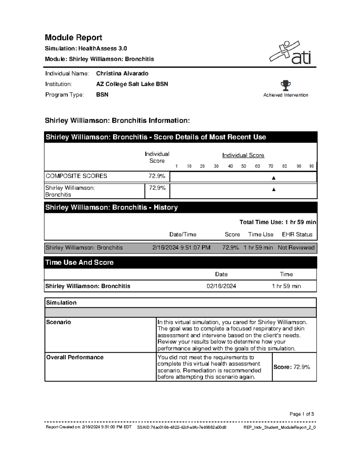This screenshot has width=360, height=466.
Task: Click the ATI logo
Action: pyautogui.click(x=290, y=53)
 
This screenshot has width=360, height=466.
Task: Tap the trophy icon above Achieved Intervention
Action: pyautogui.click(x=286, y=86)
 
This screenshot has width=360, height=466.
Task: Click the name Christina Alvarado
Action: pyautogui.click(x=122, y=74)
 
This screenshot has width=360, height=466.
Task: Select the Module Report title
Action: pyautogui.click(x=73, y=38)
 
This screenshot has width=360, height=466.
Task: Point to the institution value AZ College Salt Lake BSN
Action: pyautogui.click(x=132, y=84)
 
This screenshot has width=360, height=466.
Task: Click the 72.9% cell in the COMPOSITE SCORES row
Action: pyautogui.click(x=157, y=176)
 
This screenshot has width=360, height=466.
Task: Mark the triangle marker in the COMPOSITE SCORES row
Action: pyautogui.click(x=273, y=178)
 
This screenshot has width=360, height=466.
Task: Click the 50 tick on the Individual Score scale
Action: pyautogui.click(x=244, y=166)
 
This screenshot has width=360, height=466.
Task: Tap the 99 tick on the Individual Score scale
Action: pyautogui.click(x=311, y=166)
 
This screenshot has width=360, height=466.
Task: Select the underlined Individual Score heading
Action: pyautogui.click(x=243, y=155)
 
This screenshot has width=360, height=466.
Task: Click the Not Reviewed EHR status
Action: pyautogui.click(x=296, y=248)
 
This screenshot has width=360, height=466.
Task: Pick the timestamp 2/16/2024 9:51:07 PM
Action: pyautogui.click(x=181, y=248)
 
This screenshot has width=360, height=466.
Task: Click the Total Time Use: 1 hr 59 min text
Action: pyautogui.click(x=277, y=222)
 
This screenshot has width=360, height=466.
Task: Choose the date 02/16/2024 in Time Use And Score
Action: pyautogui.click(x=221, y=286)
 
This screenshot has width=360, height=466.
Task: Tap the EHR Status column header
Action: pyautogui.click(x=297, y=234)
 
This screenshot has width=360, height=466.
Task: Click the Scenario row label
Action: pyautogui.click(x=58, y=322)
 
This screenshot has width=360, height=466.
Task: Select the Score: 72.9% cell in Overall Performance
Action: pyautogui.click(x=292, y=367)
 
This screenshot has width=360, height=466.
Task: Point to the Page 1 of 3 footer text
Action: pyautogui.click(x=301, y=414)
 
